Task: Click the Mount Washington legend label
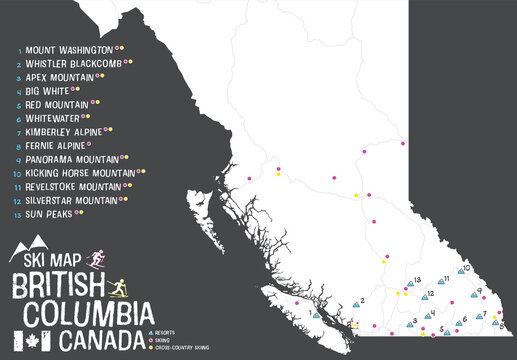click(x=68, y=48)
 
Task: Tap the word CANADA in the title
click(x=100, y=340)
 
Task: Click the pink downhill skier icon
click(x=97, y=257)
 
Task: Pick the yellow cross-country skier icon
click(x=119, y=286)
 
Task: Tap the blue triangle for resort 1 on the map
click(x=315, y=314)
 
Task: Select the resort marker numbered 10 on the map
click(x=454, y=268)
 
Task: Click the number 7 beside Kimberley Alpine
click(x=18, y=131)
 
